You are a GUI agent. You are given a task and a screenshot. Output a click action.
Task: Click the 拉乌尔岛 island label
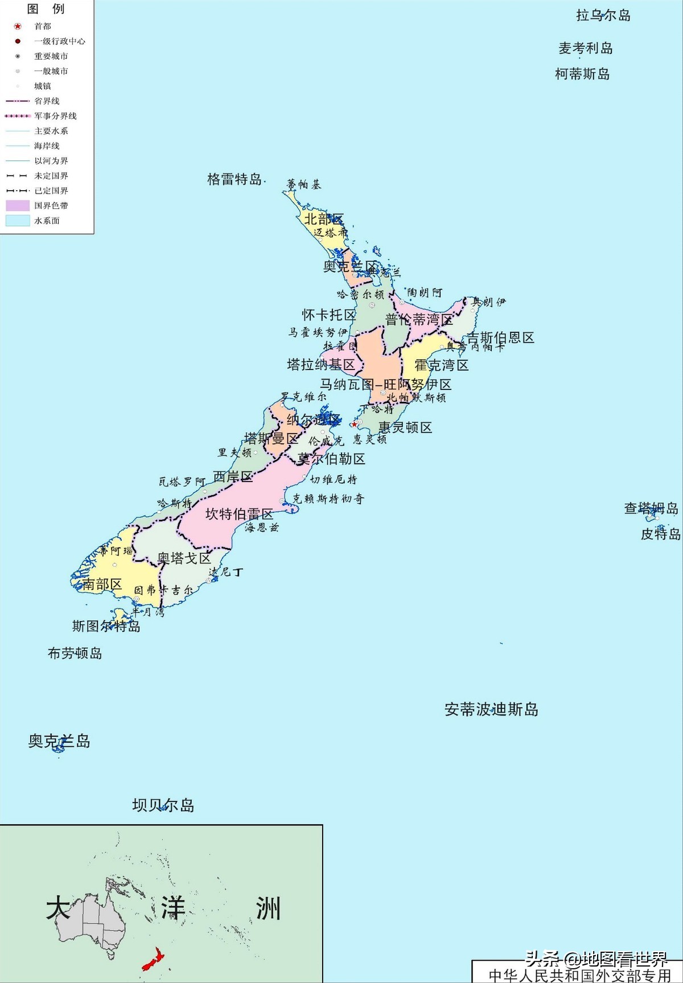603,15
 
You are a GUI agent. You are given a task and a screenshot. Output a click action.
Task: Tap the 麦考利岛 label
585,48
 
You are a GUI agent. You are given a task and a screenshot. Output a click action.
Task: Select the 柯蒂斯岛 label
582,74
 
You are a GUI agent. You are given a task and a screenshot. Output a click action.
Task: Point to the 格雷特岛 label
234,180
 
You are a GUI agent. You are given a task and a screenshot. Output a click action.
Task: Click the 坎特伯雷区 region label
239,514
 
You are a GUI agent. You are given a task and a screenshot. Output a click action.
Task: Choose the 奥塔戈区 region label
184,558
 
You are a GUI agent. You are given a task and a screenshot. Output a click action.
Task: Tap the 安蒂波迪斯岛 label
491,709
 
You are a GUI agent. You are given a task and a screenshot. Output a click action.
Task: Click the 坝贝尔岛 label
163,805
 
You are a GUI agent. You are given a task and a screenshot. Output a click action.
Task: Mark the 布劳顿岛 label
75,653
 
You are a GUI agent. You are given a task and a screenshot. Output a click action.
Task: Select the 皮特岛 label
660,534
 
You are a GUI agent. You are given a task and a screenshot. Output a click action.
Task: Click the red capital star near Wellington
354,424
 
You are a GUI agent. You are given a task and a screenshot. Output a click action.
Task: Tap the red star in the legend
18,26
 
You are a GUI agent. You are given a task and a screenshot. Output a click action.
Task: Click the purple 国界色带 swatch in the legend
18,205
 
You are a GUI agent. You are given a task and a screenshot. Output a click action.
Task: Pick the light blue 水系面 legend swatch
18,221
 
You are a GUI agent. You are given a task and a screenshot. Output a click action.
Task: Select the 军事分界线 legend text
55,116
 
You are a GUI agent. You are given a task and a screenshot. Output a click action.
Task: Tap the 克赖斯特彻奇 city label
328,499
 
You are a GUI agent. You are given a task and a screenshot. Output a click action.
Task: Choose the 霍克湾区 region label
441,365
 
